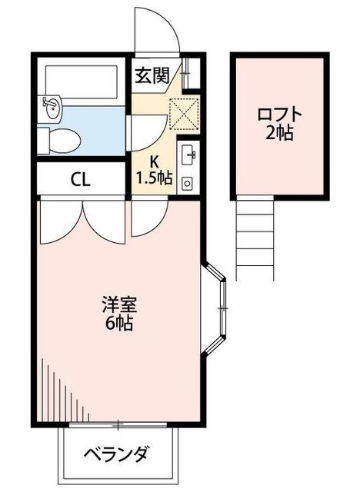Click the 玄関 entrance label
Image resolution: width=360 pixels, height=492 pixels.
pos(152,75)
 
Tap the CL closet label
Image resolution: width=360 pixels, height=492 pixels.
pos(81,180)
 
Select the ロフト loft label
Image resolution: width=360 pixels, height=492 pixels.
pos(280,115)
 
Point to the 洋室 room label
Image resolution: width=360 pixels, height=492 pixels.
pos(119,305)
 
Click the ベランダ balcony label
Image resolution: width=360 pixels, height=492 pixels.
pos(116,454)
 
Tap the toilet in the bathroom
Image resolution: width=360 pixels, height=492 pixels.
pos(60,141)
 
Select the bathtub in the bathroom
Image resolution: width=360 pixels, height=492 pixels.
pos(82,81)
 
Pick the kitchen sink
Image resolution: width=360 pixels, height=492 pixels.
pos(188,154)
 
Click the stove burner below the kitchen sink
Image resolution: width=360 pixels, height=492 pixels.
pos(188,183)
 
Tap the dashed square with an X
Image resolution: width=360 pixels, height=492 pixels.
pos(184,114)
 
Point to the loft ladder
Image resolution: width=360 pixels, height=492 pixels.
pos(255,239)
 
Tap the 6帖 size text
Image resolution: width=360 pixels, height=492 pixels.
pos(119,323)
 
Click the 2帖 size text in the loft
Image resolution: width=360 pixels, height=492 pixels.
pos(280,132)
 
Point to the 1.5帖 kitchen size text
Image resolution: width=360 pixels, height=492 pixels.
pos(154,178)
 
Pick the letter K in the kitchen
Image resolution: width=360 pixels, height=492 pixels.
pos(154,162)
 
